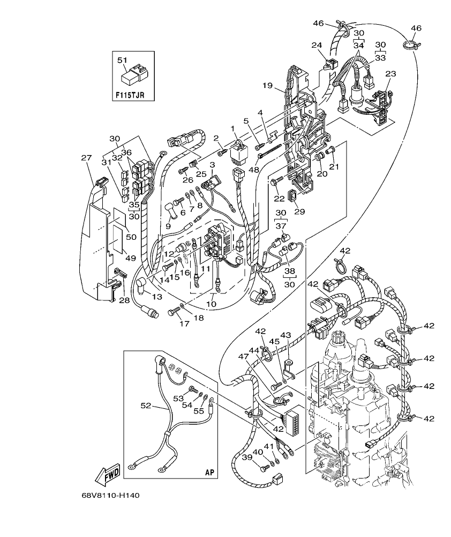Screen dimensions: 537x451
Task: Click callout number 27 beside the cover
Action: pyautogui.click(x=86, y=158)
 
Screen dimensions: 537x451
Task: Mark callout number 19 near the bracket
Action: pyautogui.click(x=267, y=85)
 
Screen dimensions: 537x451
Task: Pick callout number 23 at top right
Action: pyautogui.click(x=390, y=73)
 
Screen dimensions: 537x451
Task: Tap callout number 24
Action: pyautogui.click(x=316, y=46)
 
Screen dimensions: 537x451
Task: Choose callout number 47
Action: pyautogui.click(x=244, y=356)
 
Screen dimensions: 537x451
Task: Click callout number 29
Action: pyautogui.click(x=299, y=211)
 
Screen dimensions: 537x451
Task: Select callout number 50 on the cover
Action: pyautogui.click(x=131, y=237)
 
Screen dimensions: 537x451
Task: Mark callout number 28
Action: pyautogui.click(x=124, y=300)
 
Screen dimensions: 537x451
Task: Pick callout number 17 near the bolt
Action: pyautogui.click(x=170, y=324)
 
